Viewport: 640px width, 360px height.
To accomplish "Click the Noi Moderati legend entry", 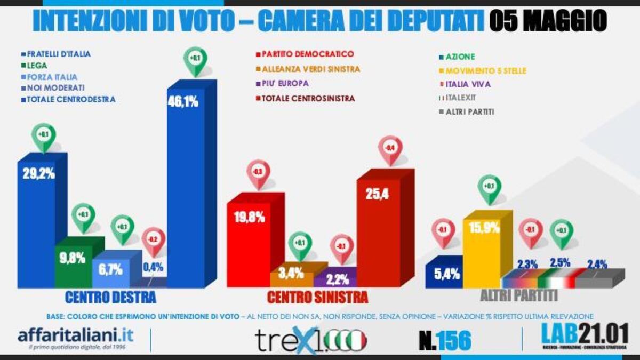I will (53, 88).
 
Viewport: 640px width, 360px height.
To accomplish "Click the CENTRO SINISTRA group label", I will (317, 297).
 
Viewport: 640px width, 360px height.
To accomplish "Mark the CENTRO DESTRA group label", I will (110, 297).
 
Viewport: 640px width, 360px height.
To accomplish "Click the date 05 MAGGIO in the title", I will (547, 21).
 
